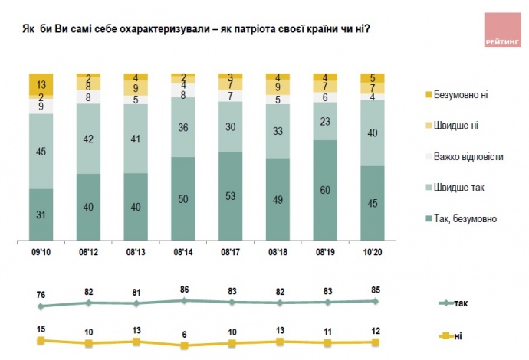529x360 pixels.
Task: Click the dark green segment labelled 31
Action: tap(41, 214)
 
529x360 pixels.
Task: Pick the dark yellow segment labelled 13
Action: tap(41, 84)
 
